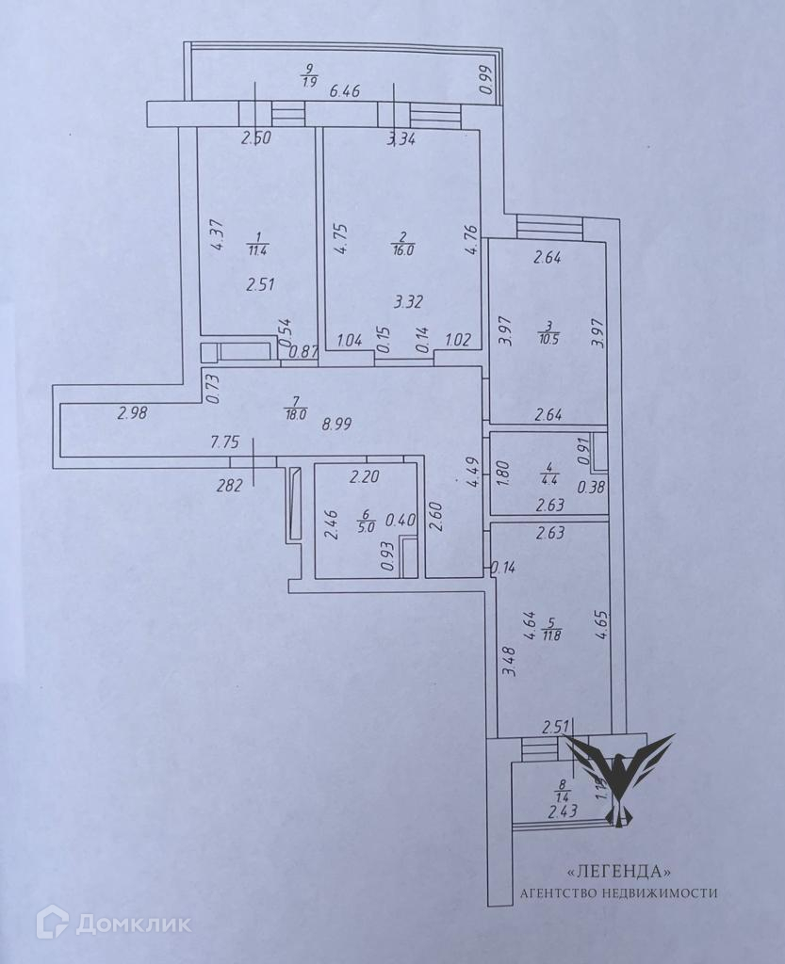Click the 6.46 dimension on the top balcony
[345, 92]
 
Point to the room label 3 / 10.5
[548, 333]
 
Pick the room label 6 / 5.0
[366, 521]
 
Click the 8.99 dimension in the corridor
[336, 424]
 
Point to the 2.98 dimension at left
[135, 411]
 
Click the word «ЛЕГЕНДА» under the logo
[619, 871]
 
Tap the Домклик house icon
[52, 922]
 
